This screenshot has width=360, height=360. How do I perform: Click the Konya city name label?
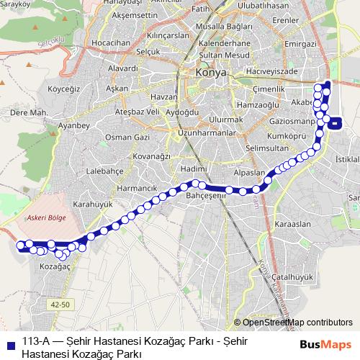[x=211, y=73]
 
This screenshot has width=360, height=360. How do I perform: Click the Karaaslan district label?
[x=292, y=224]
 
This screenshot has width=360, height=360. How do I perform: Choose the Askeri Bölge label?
[x=45, y=216]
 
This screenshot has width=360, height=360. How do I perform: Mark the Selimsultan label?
[x=266, y=148]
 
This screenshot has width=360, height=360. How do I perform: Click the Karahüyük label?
[x=93, y=204]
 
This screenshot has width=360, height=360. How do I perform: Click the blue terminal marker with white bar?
[x=337, y=122]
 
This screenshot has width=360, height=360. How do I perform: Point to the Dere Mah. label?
[x=29, y=113]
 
